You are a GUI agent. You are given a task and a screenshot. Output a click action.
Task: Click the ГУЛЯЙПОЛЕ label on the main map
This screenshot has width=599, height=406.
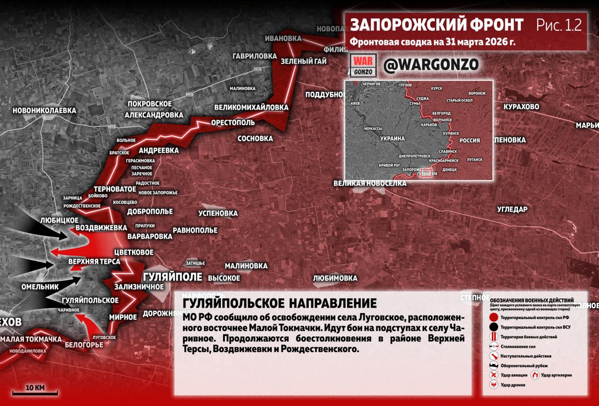[x=172, y=277]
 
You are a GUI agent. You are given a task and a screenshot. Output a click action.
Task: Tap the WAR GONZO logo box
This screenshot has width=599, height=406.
[x=363, y=66]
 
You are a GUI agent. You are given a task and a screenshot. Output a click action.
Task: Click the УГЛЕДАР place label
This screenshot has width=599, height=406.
[x=512, y=209]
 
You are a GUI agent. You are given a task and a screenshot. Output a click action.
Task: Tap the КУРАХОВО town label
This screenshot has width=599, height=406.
[x=521, y=107]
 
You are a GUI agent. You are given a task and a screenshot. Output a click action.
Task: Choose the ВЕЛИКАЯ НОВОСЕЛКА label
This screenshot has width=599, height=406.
[x=370, y=183]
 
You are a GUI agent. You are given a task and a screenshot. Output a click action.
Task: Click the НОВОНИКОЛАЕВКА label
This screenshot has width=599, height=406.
[x=44, y=111]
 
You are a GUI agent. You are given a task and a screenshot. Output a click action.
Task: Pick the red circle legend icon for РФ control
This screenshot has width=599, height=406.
[x=493, y=317]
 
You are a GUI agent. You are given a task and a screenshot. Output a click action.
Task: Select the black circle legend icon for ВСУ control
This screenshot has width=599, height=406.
[x=493, y=327]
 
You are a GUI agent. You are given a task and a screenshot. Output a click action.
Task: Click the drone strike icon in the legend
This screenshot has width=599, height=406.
[x=493, y=384]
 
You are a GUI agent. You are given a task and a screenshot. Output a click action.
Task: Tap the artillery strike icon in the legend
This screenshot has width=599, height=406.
[x=535, y=375]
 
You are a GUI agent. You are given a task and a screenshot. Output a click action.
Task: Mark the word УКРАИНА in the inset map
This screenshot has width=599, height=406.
[x=392, y=139]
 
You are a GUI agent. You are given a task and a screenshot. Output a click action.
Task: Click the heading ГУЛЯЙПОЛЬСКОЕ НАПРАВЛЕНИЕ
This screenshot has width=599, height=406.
[x=279, y=303]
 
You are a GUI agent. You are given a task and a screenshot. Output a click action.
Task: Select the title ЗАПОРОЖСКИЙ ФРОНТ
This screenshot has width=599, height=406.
[x=437, y=25]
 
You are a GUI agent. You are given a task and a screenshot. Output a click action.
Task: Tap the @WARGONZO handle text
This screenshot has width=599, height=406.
[x=431, y=66]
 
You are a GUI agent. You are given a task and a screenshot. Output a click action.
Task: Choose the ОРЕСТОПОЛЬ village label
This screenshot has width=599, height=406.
[x=233, y=123]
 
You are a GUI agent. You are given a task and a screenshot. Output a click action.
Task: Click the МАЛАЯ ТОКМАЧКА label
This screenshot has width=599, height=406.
[x=31, y=339]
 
